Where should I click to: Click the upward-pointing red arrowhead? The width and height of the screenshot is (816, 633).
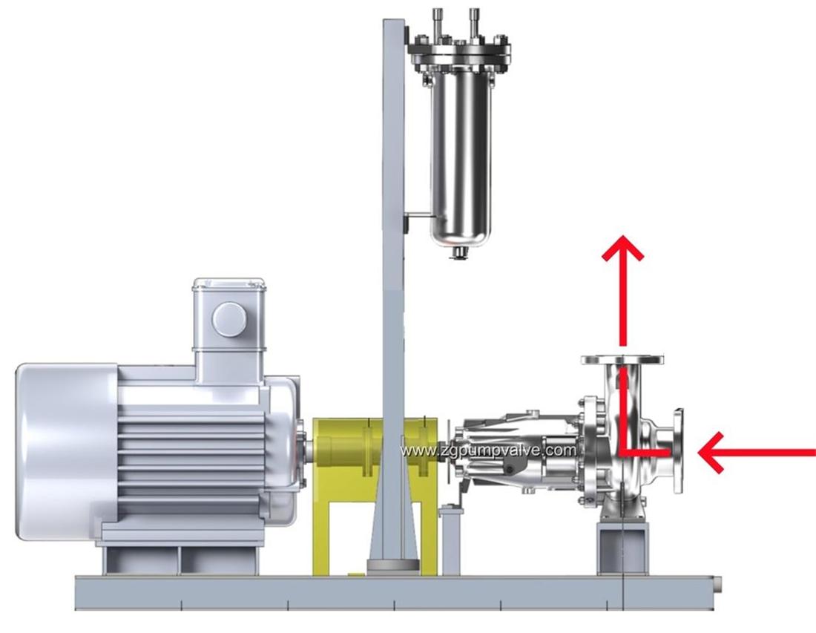622,249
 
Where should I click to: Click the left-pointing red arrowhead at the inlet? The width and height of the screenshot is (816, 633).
713,453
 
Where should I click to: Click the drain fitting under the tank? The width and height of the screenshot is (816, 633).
461,254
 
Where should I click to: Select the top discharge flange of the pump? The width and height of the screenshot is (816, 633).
622,360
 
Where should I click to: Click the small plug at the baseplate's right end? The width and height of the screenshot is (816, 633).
717,586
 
